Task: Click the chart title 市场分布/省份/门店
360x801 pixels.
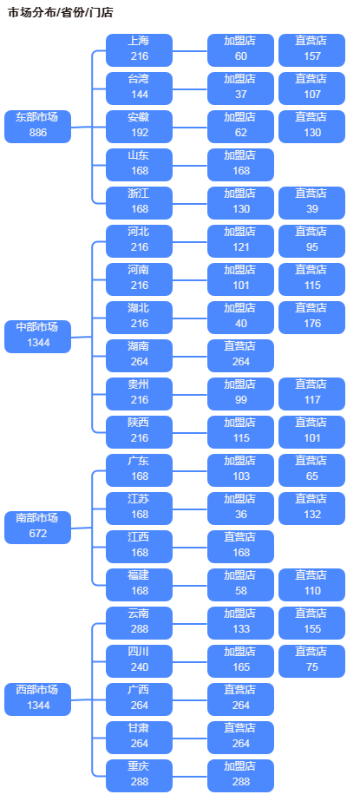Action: (x=60, y=13)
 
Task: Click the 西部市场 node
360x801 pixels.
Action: (x=37, y=699)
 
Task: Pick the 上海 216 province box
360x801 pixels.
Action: (x=139, y=49)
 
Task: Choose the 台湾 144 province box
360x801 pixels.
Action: (x=139, y=88)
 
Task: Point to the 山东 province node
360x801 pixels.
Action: (x=139, y=164)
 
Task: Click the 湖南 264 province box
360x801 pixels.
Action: (x=139, y=355)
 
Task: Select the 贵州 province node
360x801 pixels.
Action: (x=139, y=393)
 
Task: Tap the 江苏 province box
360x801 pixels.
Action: (x=139, y=508)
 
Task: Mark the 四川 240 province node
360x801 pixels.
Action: (x=139, y=660)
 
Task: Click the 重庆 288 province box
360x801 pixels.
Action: (x=139, y=775)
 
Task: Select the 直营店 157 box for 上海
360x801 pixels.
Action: (x=311, y=49)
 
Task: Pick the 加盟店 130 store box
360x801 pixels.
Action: (x=240, y=202)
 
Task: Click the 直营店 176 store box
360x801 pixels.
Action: (x=311, y=317)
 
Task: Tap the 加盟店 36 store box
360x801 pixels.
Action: (x=240, y=508)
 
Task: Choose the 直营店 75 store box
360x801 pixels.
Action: (x=311, y=660)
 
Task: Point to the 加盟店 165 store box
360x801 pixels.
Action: (x=240, y=660)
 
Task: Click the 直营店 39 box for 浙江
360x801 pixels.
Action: (x=311, y=202)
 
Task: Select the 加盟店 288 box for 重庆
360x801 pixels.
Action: (x=240, y=775)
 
